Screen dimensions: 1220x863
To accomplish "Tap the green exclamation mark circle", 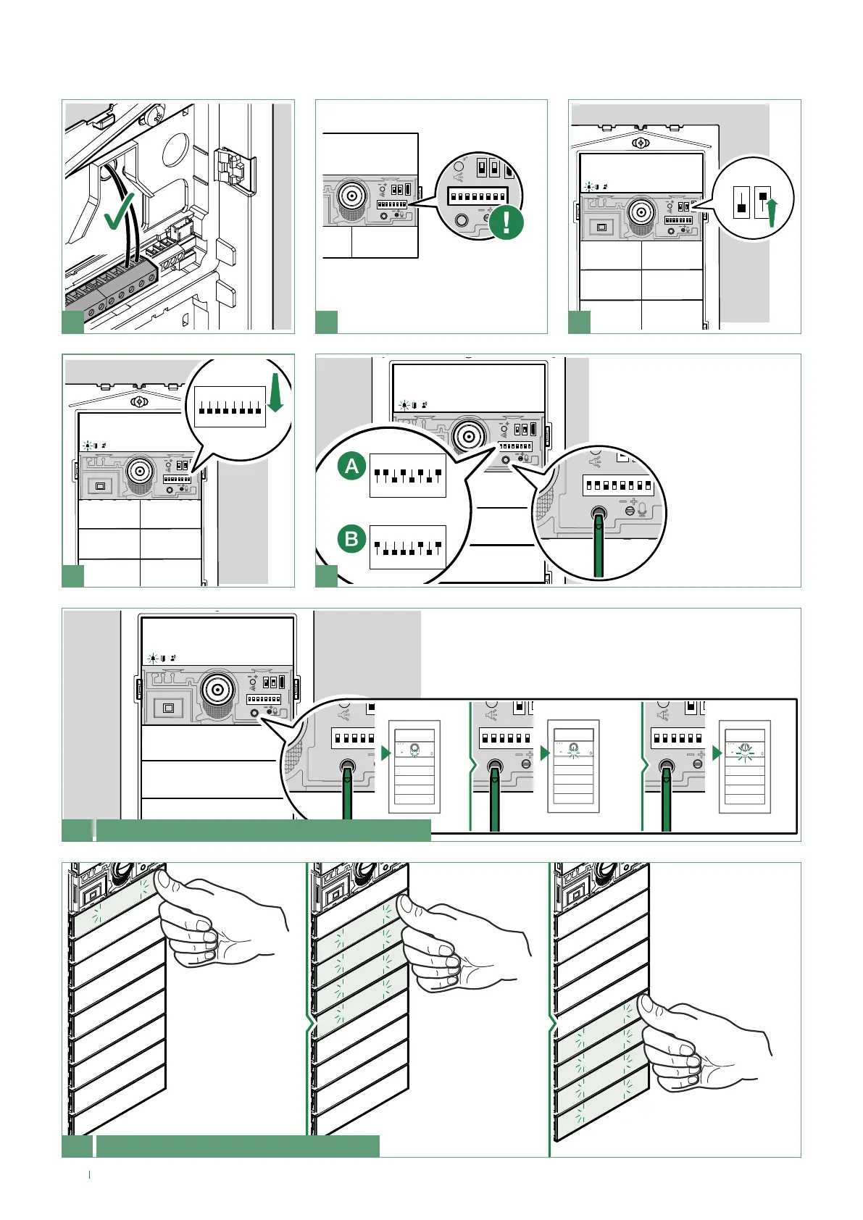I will tap(506, 221).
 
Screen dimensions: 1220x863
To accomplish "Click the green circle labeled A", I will tap(352, 467).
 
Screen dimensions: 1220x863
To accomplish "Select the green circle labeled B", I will tap(352, 539).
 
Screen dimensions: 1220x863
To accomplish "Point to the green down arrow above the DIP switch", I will tap(275, 396).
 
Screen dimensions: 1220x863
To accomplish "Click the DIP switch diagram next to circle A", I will tap(407, 475).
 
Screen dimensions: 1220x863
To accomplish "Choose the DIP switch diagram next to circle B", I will tap(407, 547).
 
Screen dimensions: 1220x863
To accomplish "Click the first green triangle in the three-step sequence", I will tap(385, 753).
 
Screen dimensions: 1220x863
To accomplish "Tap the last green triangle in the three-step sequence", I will tap(717, 753).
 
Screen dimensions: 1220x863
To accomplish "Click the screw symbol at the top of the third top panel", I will tap(641, 143).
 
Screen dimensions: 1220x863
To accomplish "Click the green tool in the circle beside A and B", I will tap(599, 543).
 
